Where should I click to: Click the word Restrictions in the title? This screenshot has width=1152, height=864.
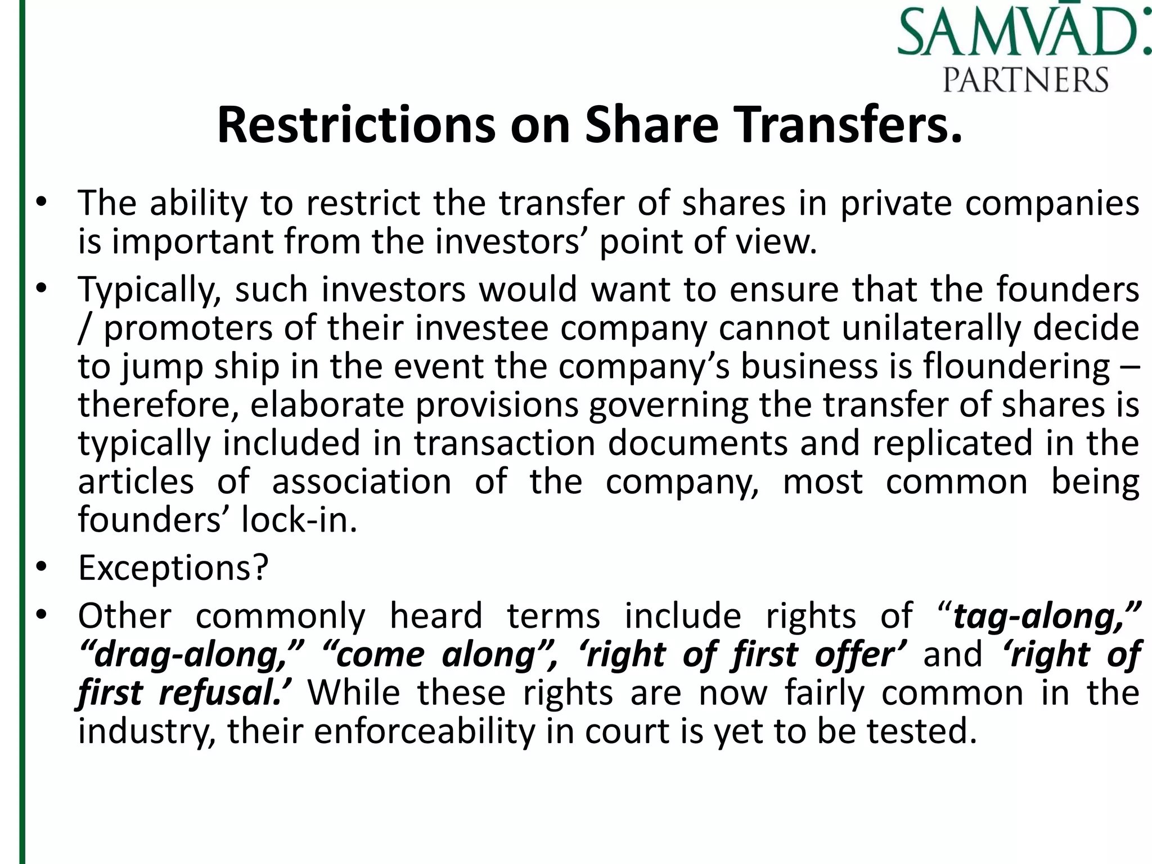pos(356,125)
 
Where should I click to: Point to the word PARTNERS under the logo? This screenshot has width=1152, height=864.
pos(1025,79)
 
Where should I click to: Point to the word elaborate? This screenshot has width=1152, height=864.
pos(327,405)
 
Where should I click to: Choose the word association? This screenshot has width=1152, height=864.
pos(362,482)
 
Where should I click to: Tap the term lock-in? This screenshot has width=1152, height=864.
pos(299,520)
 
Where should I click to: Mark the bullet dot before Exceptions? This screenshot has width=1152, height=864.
pos(41,568)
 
